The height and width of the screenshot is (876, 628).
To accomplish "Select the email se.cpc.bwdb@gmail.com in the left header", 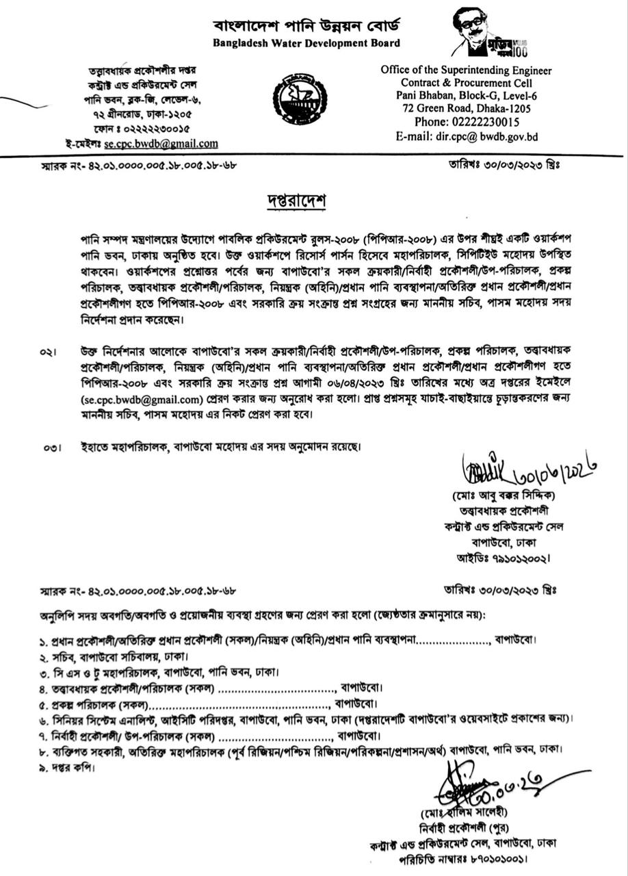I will (x=161, y=144).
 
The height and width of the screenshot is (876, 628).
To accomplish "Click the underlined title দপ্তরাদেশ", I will (x=296, y=202).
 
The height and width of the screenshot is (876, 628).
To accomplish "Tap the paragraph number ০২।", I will (x=47, y=352).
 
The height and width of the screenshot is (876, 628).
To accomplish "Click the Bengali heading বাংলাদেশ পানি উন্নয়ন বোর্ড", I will (x=306, y=27).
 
